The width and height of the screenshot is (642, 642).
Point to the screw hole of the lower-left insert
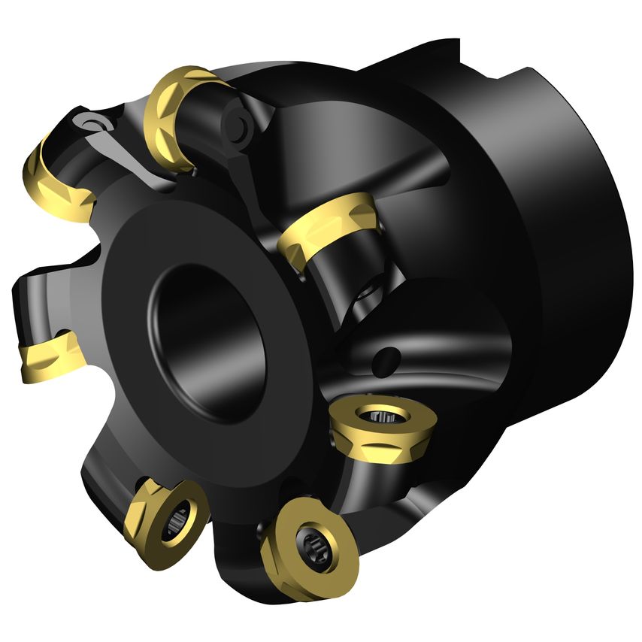tap(177, 517)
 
